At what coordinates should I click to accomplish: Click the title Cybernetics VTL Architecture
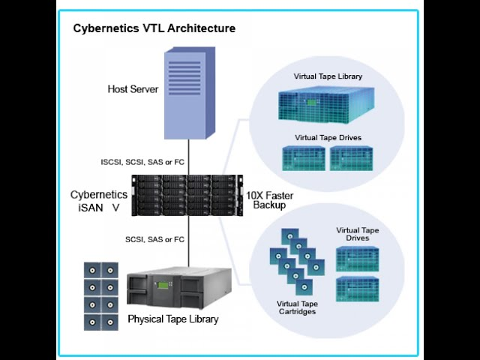(x=154, y=28)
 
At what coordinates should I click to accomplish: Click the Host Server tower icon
(x=190, y=93)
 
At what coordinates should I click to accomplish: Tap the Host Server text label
(x=133, y=89)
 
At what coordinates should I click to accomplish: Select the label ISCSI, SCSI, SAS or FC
(x=142, y=162)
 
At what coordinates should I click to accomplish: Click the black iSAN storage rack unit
(x=187, y=195)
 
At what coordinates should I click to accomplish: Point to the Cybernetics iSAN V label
(x=99, y=201)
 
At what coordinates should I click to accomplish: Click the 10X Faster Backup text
(x=270, y=200)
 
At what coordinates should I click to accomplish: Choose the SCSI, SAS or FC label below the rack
(x=155, y=239)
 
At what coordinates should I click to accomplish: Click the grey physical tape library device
(x=179, y=288)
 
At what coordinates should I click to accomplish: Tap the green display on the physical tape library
(x=163, y=286)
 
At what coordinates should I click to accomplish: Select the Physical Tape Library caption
(x=173, y=319)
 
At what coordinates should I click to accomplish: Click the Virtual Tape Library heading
(x=328, y=76)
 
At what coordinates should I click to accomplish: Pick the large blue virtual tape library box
(x=326, y=105)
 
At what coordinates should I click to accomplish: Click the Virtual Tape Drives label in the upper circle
(x=328, y=138)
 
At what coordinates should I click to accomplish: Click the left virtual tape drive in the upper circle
(x=303, y=158)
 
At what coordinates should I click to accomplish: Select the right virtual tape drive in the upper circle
(x=352, y=158)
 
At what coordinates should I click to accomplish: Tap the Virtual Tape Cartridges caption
(x=297, y=307)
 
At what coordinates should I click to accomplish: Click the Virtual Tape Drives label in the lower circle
(x=358, y=234)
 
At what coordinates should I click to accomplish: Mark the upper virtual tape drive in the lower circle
(x=357, y=259)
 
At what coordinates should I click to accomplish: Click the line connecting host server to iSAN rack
(x=188, y=157)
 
